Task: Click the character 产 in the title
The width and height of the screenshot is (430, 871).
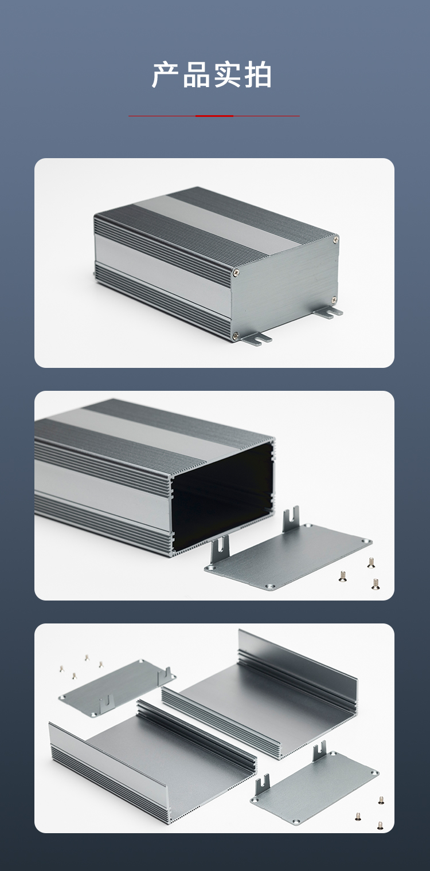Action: coord(165,74)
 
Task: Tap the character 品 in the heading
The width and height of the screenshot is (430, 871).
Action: coord(196,74)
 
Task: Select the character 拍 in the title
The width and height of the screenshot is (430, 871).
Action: coord(257,74)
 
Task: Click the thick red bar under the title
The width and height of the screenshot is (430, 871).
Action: coord(214,116)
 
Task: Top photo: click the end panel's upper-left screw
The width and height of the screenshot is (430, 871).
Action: coord(236,273)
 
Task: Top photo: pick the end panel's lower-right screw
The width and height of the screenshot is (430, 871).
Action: coord(334,300)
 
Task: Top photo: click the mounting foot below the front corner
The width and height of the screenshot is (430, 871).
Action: coord(256,338)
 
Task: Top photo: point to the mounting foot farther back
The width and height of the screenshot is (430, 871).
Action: coord(329,312)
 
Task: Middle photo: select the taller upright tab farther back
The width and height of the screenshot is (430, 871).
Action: coord(290,519)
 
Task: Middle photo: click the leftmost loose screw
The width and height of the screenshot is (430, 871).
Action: coord(342,576)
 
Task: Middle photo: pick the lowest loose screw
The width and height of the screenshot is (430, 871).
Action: coord(375,584)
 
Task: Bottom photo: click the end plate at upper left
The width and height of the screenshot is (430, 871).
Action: coord(117,688)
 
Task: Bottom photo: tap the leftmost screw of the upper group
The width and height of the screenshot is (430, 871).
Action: coord(61,669)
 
